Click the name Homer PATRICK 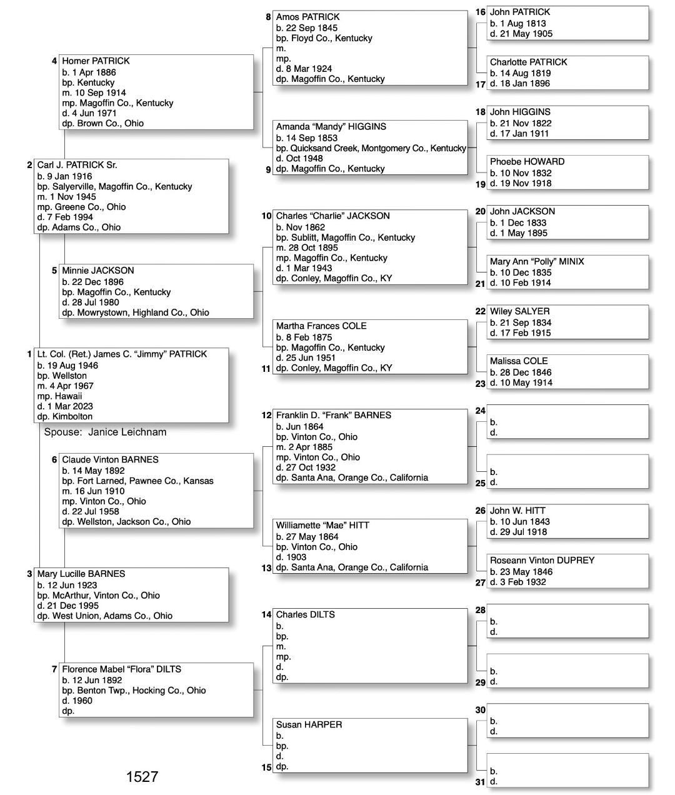tap(96, 61)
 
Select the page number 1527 tap(142, 777)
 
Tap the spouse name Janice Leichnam tap(127, 432)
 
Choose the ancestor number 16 tap(480, 12)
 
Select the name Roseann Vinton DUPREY tap(542, 561)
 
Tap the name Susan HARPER tap(309, 725)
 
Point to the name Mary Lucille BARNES tap(81, 574)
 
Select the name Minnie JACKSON tap(97, 271)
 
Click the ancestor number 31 tap(480, 782)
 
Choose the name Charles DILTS tap(305, 615)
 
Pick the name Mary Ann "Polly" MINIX tap(537, 262)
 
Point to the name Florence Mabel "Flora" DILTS tap(121, 669)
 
